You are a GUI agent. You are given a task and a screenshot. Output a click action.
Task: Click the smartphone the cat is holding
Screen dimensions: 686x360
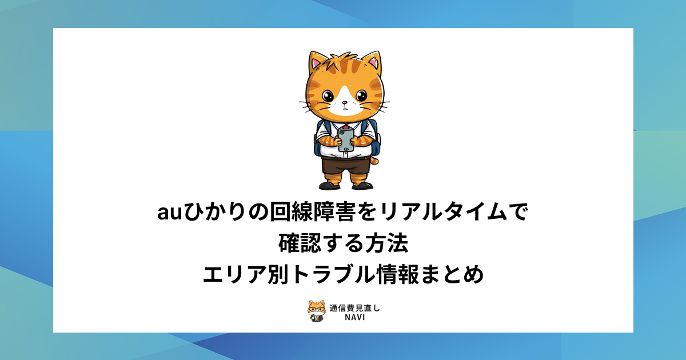[x=345, y=140]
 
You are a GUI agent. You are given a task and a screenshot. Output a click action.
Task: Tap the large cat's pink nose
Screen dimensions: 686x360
[x=345, y=103]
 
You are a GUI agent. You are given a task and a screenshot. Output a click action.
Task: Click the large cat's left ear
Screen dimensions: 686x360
[x=316, y=62]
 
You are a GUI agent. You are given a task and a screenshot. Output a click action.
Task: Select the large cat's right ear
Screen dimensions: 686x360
[x=373, y=62]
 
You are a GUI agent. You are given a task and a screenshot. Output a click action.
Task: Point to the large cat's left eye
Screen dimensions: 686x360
[x=328, y=96]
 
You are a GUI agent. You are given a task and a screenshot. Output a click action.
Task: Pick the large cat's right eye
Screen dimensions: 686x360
[x=361, y=96]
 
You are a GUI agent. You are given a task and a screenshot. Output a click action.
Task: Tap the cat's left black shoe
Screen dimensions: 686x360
[x=329, y=185]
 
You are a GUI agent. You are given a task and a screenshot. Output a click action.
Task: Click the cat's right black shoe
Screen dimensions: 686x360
[x=362, y=185]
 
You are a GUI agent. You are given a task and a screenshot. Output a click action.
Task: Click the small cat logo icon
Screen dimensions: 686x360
[x=316, y=311]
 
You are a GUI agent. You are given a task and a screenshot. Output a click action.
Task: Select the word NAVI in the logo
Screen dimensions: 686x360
[x=354, y=318]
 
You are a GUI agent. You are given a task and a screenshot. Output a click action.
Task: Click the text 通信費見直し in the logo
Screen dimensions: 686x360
[x=354, y=308]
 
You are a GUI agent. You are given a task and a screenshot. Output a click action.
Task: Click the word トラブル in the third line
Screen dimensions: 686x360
[x=332, y=274]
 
